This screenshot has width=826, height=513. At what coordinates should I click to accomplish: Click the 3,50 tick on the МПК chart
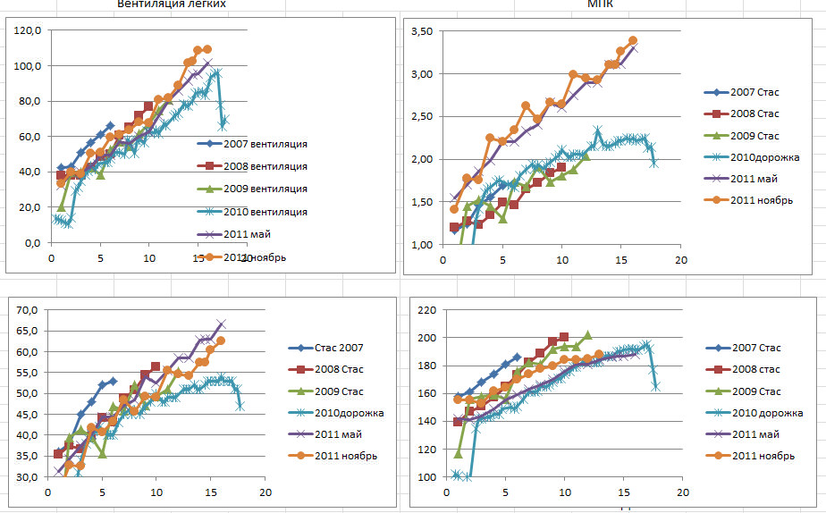(x=420, y=31)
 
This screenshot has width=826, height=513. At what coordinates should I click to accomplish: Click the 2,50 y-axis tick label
(x=420, y=116)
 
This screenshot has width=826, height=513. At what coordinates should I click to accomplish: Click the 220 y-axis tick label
(x=426, y=310)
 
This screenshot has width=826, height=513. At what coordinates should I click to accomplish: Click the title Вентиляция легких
(x=172, y=4)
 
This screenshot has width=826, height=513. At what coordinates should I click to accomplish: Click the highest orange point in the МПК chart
(x=633, y=40)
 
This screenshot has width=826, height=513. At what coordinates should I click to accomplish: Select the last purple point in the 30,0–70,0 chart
(x=221, y=324)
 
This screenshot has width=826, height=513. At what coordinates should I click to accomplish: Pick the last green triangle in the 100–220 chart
(x=587, y=335)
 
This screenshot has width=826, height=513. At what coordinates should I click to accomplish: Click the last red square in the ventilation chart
(x=148, y=105)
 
